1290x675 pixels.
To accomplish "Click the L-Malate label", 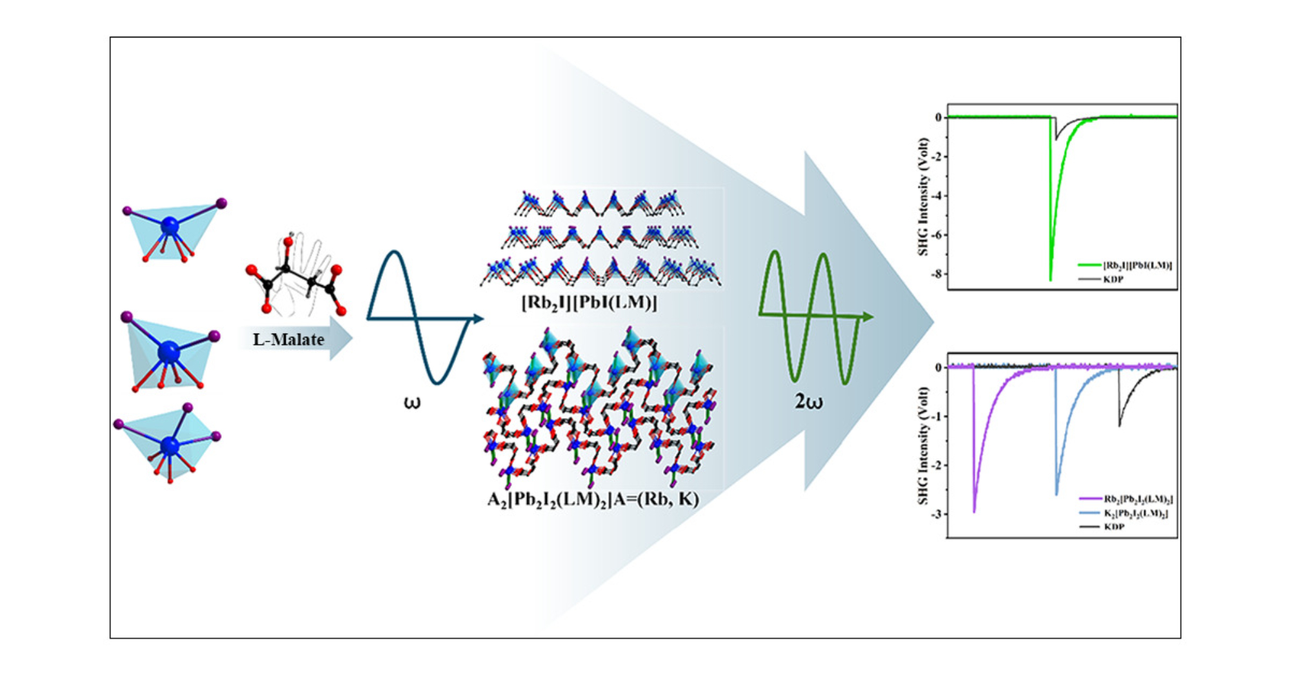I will coord(288,339).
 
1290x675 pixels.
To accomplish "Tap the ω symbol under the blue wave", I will coord(412,403).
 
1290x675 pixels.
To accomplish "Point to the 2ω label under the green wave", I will coord(808,402).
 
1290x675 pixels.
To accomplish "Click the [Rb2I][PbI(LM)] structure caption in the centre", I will coord(589,303).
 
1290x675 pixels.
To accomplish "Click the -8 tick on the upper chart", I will coord(937,274).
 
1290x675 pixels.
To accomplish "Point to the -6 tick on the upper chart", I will coord(937,235).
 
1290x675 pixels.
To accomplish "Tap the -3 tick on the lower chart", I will coord(937,514).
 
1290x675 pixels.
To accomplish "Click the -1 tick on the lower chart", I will coord(937,416).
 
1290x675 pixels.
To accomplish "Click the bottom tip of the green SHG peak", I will coord(1050,280).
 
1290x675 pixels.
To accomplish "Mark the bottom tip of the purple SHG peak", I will coord(974,512).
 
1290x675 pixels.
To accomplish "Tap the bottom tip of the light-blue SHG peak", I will coord(1057,494).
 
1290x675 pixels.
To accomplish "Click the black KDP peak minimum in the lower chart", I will coord(1119,426).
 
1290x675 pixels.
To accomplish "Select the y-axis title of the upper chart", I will coord(923,197).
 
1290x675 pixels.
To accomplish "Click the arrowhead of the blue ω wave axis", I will coord(479,318).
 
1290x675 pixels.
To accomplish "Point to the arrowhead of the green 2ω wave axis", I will coord(869,317).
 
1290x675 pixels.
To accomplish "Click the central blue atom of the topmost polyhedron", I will coord(170,226).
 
